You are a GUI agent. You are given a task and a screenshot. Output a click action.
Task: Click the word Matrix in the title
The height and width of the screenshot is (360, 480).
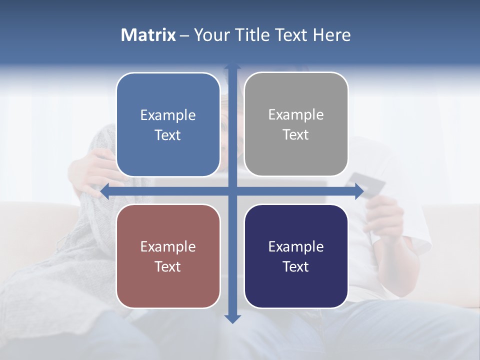pyautogui.click(x=148, y=35)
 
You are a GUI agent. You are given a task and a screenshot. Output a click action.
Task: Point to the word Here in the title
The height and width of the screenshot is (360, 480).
pyautogui.click(x=332, y=35)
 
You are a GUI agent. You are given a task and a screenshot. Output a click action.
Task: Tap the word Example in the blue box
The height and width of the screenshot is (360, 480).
pyautogui.click(x=168, y=115)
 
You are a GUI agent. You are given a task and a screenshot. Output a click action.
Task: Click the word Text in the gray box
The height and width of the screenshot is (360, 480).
pyautogui.click(x=296, y=135)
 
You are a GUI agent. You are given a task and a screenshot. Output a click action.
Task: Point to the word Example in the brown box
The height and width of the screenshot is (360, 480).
pyautogui.click(x=168, y=247)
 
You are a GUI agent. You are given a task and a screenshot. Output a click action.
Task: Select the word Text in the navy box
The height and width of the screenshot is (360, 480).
pyautogui.click(x=296, y=267)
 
